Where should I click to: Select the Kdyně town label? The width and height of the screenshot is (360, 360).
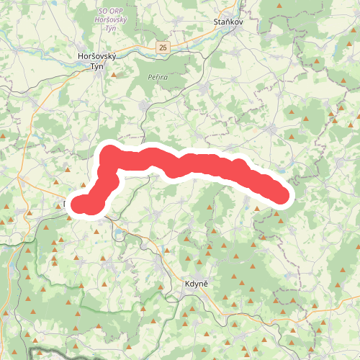tap(194, 285)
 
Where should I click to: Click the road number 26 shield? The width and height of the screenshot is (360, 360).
tap(163, 47)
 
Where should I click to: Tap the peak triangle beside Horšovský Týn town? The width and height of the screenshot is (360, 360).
tap(114, 73)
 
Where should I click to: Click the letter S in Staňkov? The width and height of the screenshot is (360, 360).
tap(216, 23)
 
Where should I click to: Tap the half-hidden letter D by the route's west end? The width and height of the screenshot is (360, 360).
tap(66, 204)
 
